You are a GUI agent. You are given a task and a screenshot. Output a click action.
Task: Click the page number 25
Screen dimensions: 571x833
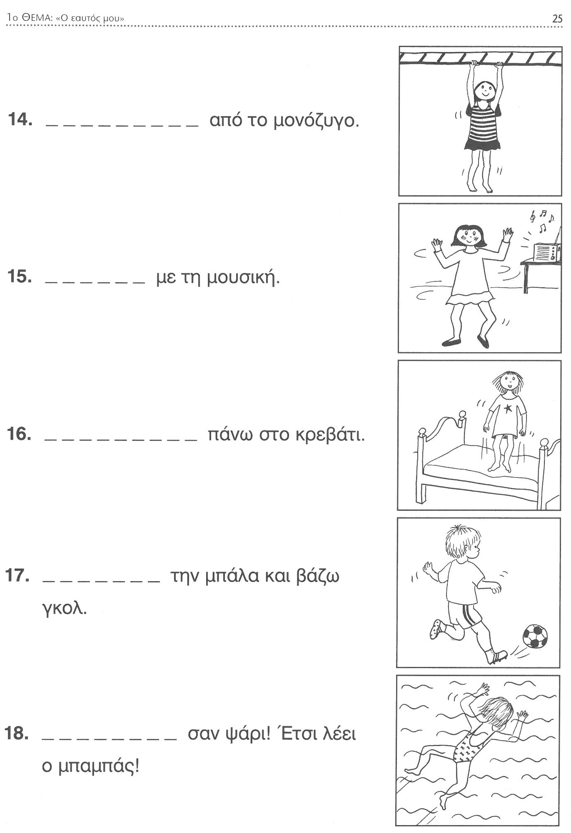tap(557, 18)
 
